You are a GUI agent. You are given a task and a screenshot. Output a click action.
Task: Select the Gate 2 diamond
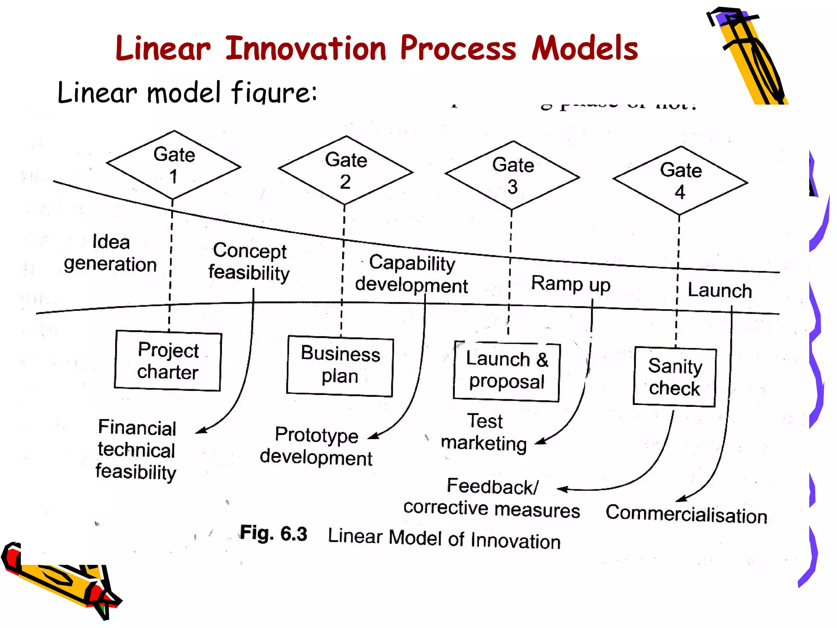346,170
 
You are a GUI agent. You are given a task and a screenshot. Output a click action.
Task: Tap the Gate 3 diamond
512,175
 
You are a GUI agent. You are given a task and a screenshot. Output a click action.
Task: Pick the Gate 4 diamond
680,181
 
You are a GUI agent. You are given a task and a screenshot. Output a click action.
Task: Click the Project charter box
168,361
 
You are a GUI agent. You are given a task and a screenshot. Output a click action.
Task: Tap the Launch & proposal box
506,371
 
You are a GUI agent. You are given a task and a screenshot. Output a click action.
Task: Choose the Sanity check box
675,377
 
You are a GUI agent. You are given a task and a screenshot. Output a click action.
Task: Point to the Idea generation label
110,253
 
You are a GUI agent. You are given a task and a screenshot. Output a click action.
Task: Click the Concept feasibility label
249,262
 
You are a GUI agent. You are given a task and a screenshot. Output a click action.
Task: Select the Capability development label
412,274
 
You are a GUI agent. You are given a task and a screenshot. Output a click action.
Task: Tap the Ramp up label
571,283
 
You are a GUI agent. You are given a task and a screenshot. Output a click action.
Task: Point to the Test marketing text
484,432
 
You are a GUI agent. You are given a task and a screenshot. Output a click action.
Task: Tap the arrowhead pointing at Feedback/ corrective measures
562,489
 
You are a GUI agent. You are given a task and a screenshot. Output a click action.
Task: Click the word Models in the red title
585,48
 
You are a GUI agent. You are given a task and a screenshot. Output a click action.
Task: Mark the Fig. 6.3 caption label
273,533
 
